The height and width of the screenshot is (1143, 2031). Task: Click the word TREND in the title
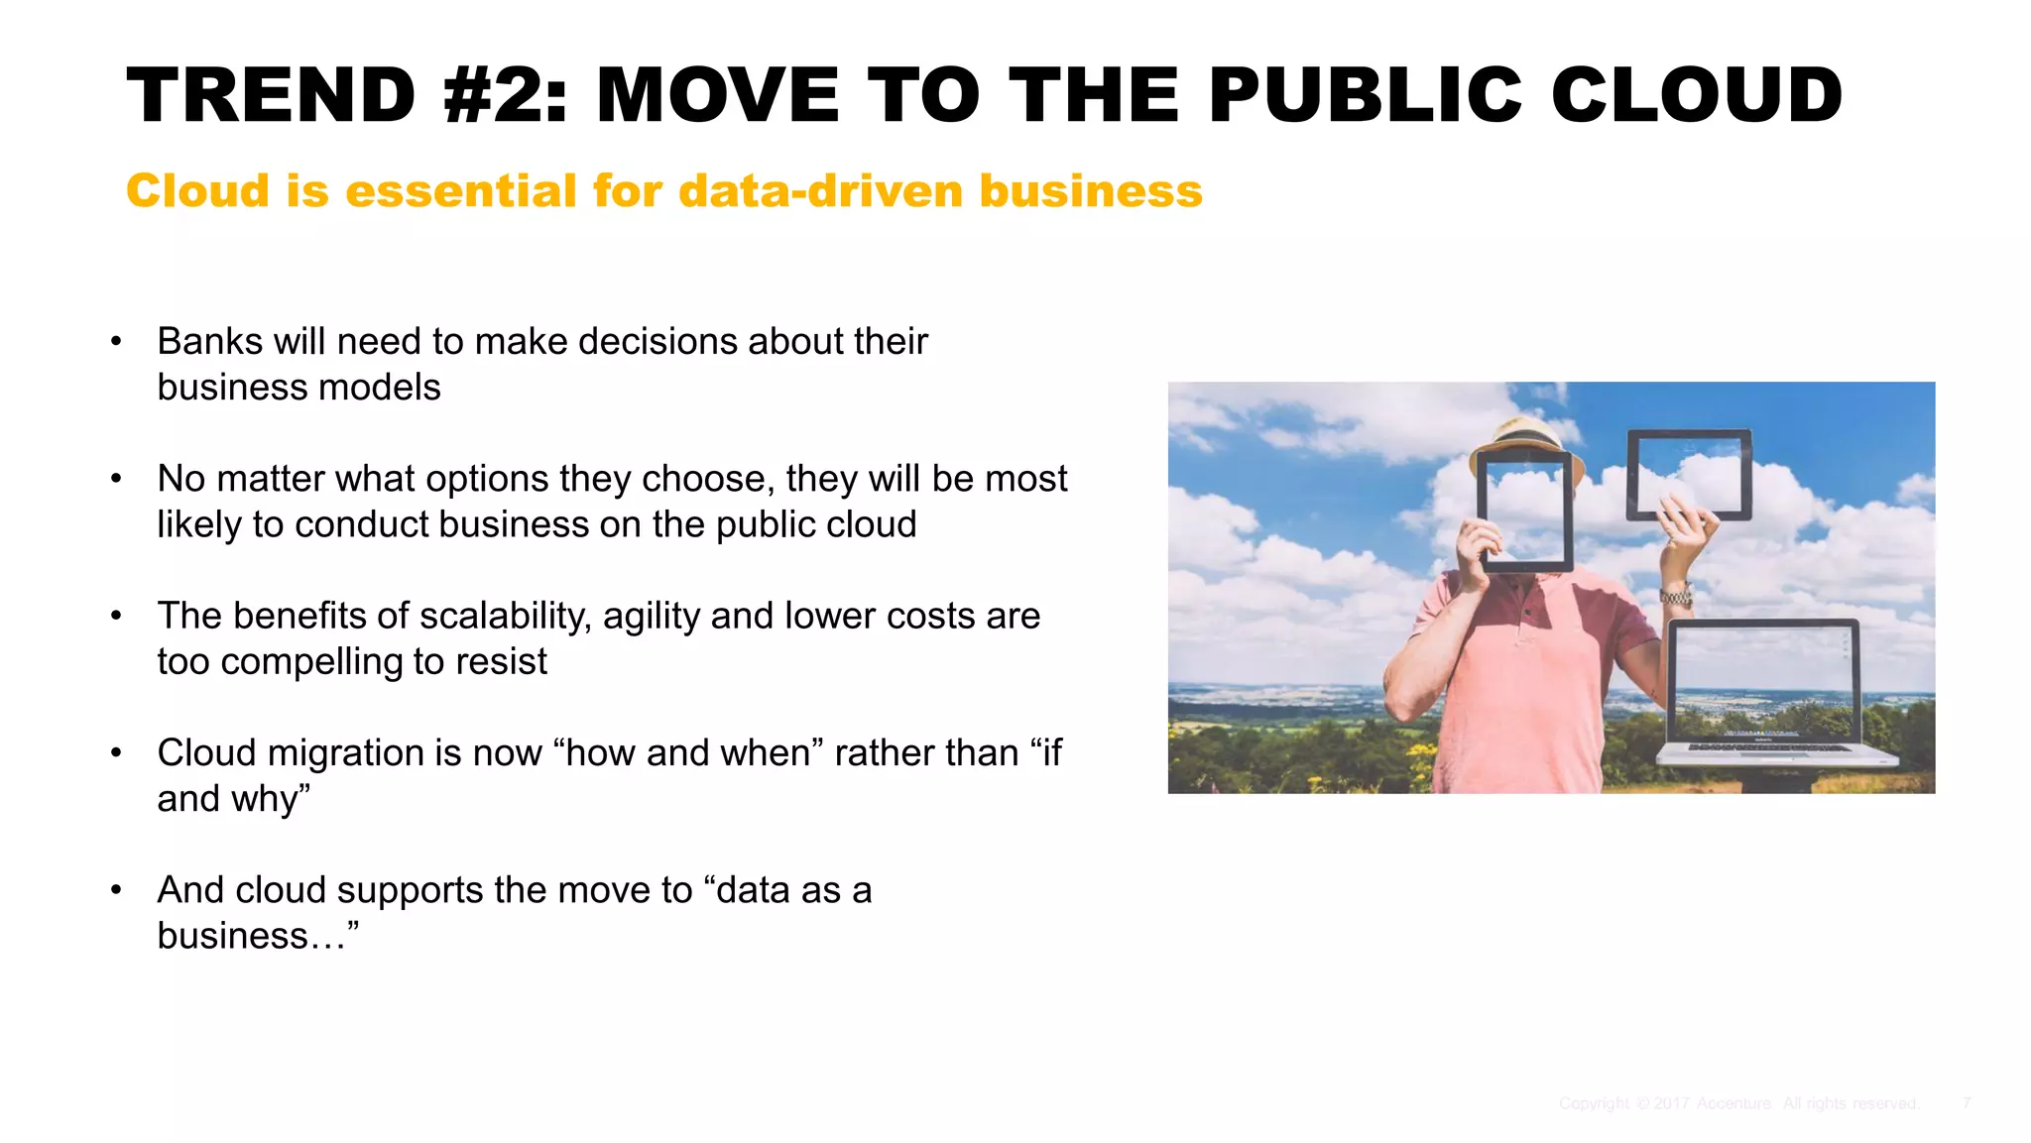pyautogui.click(x=271, y=95)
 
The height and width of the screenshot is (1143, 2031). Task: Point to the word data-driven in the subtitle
pyautogui.click(x=820, y=190)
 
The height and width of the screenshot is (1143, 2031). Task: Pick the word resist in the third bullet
pyautogui.click(x=501, y=661)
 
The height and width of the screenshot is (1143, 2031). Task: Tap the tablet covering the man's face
pyautogui.click(x=1525, y=512)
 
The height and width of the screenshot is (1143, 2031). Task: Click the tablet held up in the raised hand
pyautogui.click(x=1688, y=474)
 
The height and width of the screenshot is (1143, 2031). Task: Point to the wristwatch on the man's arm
pyautogui.click(x=1676, y=597)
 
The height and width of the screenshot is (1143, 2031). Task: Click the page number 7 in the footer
pyautogui.click(x=1966, y=1103)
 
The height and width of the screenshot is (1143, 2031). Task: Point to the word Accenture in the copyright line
pyautogui.click(x=1733, y=1103)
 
